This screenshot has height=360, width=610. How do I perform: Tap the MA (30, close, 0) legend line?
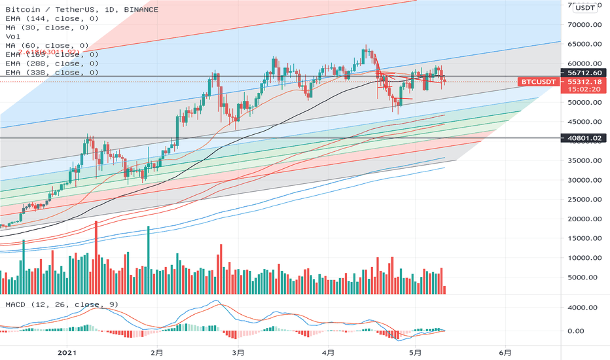click(47, 28)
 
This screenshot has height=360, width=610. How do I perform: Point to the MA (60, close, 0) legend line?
click(47, 46)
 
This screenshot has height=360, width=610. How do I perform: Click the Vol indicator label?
click(12, 37)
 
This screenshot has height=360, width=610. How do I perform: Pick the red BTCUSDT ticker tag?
click(538, 82)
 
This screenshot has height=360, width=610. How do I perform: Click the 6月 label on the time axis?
click(505, 351)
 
